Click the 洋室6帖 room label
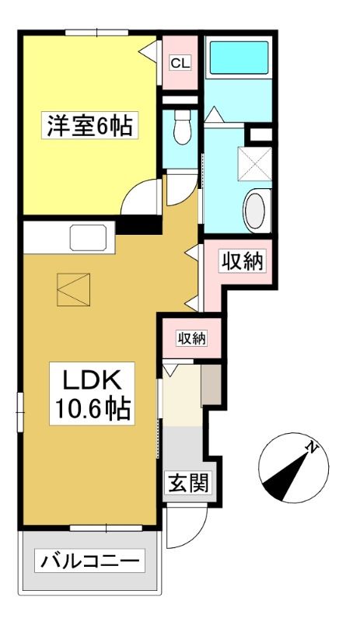(89, 125)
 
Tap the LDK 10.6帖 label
(92, 393)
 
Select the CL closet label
(180, 63)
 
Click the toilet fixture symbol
(182, 127)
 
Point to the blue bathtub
(239, 58)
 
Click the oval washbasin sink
(257, 211)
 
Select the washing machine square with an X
(254, 164)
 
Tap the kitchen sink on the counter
(89, 238)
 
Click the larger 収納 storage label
(242, 261)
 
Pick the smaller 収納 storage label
(192, 338)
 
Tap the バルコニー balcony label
(89, 561)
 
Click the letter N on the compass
(313, 449)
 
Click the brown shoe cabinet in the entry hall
(211, 385)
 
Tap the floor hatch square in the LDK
(73, 289)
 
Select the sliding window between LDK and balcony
(106, 528)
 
